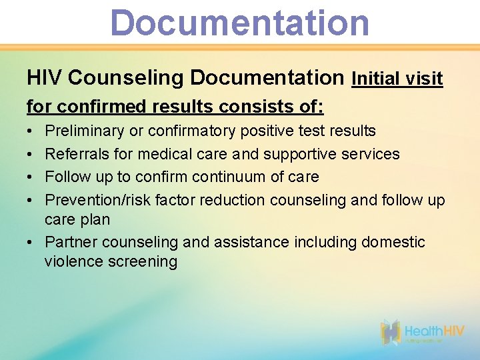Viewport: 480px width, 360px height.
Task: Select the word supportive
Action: (x=301, y=154)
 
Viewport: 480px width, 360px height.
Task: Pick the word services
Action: (x=371, y=154)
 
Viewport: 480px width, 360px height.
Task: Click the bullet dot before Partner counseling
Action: (x=31, y=242)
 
